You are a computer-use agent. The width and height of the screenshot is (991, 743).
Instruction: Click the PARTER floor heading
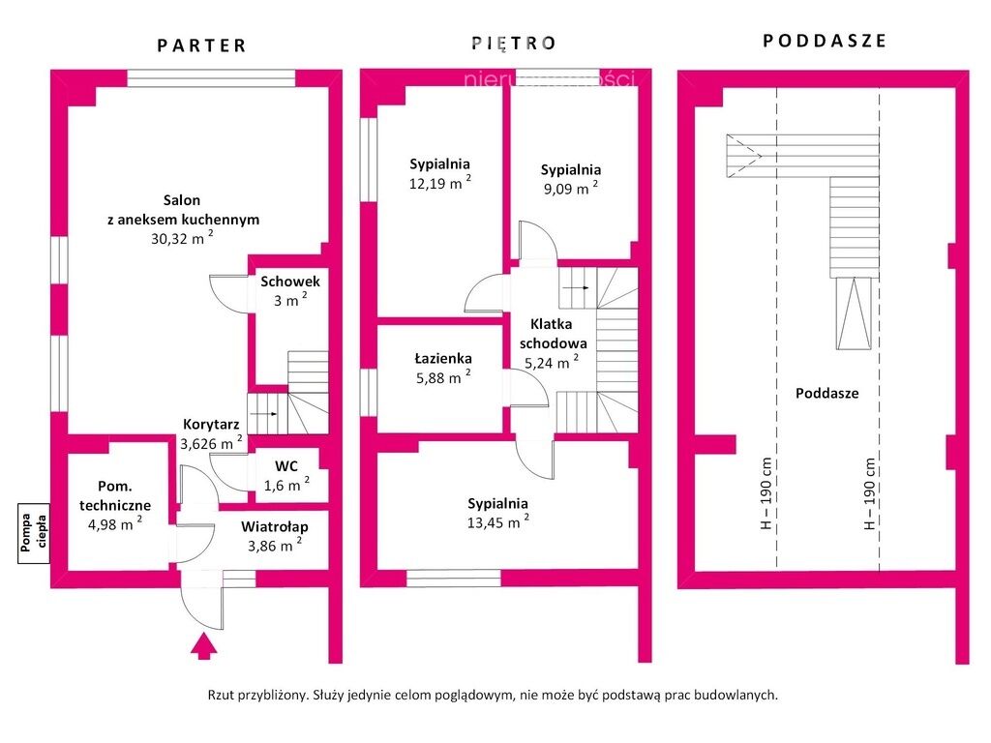point(202,45)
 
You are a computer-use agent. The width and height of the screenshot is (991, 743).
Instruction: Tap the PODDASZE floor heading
point(825,41)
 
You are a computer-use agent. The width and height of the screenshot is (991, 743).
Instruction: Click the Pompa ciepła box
point(34,534)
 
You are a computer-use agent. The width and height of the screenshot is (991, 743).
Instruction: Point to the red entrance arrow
point(203,645)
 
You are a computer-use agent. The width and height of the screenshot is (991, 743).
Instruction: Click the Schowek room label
point(289,282)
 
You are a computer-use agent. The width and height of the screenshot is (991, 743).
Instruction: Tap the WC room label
point(285,465)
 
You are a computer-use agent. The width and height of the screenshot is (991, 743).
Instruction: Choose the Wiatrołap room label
point(275,526)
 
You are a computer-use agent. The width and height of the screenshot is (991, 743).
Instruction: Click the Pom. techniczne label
point(112,496)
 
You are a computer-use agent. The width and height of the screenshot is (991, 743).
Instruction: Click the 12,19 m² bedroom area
point(439,183)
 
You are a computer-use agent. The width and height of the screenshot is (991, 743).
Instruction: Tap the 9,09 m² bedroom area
point(569,189)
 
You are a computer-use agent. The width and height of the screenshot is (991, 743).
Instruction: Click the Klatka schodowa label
point(553,334)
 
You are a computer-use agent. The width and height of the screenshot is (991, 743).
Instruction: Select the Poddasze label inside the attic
point(826,394)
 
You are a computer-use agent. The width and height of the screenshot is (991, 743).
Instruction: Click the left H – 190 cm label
point(766,493)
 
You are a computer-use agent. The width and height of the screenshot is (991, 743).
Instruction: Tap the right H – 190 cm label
point(870,493)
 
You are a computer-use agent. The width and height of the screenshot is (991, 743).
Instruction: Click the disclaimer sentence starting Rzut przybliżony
point(493,695)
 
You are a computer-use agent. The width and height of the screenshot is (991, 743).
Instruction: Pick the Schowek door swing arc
point(225,291)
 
